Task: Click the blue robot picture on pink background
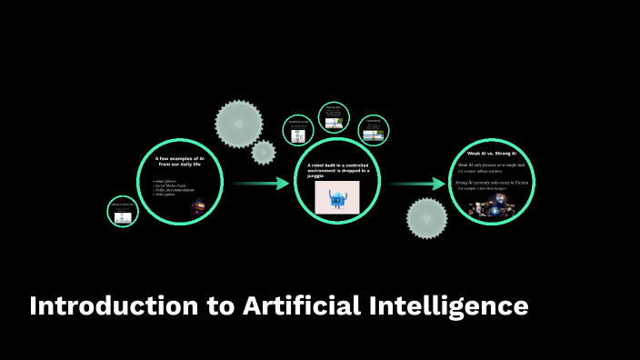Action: pos(336,197)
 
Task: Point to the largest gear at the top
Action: pos(238,123)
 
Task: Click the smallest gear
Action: pos(264,152)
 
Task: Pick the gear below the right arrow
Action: pos(426,219)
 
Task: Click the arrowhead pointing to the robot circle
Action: pos(283,184)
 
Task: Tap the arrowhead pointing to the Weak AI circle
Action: pos(440,184)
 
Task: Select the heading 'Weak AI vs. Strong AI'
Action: pos(492,154)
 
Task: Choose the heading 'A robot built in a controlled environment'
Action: pos(336,166)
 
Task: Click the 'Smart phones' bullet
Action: pos(165,182)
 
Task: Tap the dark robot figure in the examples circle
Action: pos(196,206)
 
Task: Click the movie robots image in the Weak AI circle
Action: pos(492,206)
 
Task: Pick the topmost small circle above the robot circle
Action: pos(334,117)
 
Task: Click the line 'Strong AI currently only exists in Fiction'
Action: pos(492,183)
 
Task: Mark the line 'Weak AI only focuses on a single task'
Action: pos(492,165)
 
